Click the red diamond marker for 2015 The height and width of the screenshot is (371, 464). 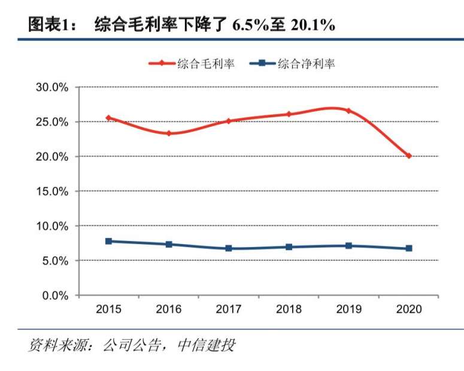108,118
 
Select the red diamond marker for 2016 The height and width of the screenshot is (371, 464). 169,133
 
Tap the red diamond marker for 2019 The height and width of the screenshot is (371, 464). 348,111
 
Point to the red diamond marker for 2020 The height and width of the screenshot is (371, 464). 409,156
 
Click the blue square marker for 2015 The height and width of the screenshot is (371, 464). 108,241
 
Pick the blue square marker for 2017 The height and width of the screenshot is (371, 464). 229,248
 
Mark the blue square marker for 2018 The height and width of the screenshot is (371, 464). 289,247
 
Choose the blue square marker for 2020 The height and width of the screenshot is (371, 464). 409,248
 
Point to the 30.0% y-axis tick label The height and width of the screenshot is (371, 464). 52,87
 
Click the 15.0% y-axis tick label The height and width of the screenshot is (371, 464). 52,191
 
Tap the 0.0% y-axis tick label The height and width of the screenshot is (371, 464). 55,296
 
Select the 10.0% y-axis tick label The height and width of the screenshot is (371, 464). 52,226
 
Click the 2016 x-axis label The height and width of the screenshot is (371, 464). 169,309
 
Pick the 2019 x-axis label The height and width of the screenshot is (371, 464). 348,309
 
